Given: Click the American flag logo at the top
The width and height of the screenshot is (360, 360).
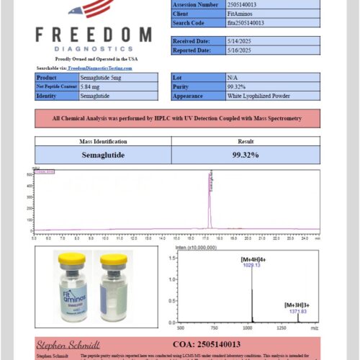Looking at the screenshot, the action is point(92,8).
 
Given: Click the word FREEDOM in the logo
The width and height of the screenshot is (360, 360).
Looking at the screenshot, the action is point(93,35).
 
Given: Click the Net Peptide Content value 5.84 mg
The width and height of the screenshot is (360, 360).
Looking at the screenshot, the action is point(91,86).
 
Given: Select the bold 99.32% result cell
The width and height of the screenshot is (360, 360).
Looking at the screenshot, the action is point(246,154).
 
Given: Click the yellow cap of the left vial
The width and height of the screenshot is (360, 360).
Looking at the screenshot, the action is point(71,258).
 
